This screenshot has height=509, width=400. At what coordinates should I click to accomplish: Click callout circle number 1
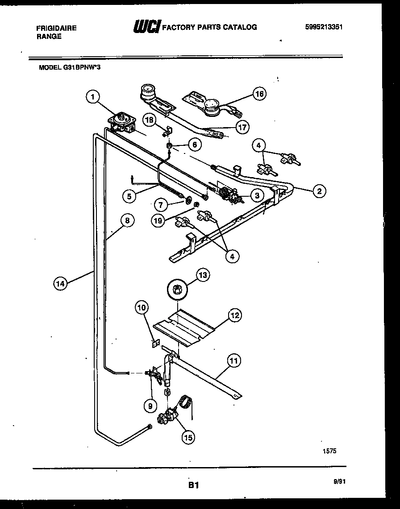click(92, 97)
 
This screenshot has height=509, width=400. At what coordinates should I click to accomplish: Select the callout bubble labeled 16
click(259, 94)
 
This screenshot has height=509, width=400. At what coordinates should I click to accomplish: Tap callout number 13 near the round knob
click(203, 276)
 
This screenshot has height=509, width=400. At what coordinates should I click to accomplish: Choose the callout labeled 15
click(188, 438)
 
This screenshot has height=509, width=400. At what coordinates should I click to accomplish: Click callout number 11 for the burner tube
click(234, 360)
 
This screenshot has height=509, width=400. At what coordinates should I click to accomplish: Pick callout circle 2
click(318, 191)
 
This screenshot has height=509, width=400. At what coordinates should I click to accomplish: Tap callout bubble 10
click(142, 307)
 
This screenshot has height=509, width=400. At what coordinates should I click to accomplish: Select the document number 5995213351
click(324, 27)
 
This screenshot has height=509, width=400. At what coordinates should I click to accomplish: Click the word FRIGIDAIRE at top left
click(56, 28)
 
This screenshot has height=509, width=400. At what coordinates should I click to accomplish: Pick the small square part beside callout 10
click(156, 343)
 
